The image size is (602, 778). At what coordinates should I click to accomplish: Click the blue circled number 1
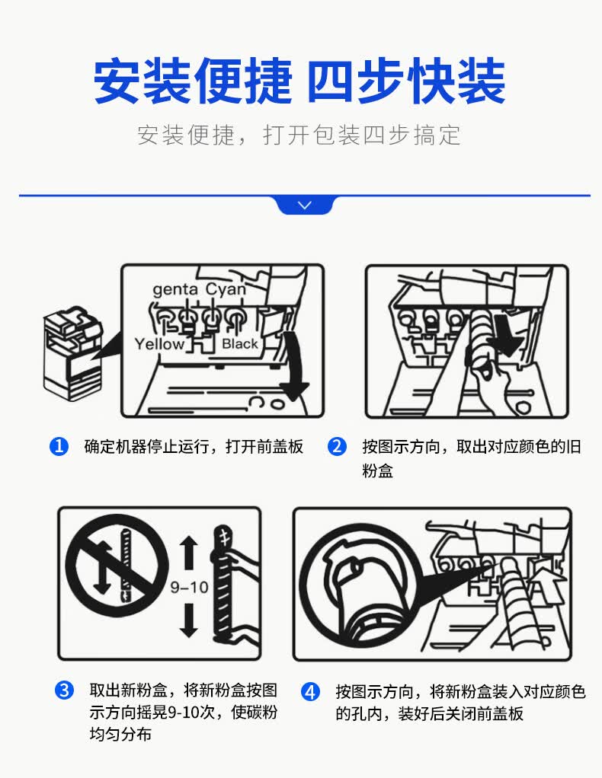(x=59, y=447)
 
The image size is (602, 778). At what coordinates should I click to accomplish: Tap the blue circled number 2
(x=337, y=447)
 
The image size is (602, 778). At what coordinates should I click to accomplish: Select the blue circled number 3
(x=64, y=690)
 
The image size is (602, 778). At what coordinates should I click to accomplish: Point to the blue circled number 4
(x=310, y=691)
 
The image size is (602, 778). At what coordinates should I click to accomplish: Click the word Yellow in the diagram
(x=159, y=344)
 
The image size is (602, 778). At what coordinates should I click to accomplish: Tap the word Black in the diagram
(x=240, y=343)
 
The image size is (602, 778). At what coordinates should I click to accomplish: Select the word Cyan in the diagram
(x=226, y=289)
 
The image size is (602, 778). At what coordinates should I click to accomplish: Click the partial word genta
(x=175, y=289)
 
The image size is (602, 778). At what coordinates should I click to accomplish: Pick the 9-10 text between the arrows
(x=189, y=588)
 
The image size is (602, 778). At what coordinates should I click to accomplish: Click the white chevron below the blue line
(x=305, y=205)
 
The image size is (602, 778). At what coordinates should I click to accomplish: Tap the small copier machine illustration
(x=73, y=353)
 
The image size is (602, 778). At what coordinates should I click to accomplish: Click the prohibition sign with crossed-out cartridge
(x=117, y=565)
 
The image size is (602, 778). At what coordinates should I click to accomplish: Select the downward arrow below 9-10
(x=188, y=620)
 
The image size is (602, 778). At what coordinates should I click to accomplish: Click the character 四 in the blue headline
(x=331, y=81)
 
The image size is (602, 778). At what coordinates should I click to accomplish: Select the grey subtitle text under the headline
(x=299, y=135)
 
